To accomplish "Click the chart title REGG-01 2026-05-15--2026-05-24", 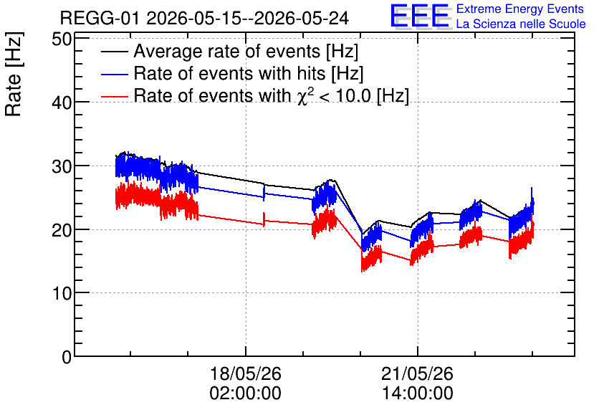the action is (204, 18).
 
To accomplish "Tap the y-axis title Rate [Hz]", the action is (14, 74).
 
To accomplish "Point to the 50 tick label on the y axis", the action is (62, 39).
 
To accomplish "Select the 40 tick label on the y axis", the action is (62, 102).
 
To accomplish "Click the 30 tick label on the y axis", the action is (62, 166).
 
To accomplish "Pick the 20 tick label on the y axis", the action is (62, 229).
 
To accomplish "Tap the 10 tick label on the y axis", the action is (62, 293).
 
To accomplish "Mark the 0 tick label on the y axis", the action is (67, 357).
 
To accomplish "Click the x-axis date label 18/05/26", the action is (246, 373).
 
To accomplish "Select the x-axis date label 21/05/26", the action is (417, 373).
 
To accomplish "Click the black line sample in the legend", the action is (114, 52).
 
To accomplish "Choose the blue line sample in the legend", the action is (114, 74).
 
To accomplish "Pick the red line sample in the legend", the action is (114, 96).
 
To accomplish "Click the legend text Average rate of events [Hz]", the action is (246, 52).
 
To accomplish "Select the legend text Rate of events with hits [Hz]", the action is (249, 74).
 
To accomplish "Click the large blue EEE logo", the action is (420, 16).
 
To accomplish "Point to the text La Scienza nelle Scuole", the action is (521, 24).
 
